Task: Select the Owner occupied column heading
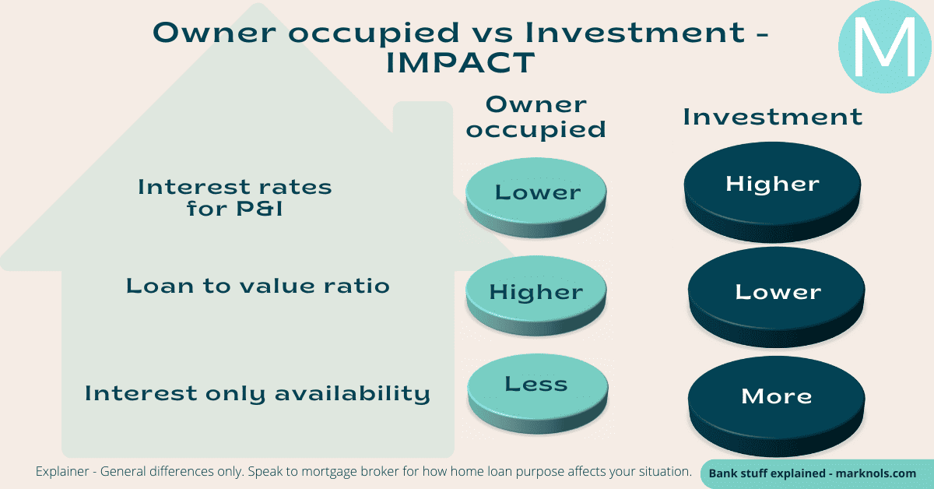pyautogui.click(x=535, y=117)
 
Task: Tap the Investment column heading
pyautogui.click(x=772, y=117)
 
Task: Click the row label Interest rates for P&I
pyautogui.click(x=234, y=198)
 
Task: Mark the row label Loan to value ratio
pyautogui.click(x=258, y=286)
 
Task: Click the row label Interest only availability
pyautogui.click(x=258, y=393)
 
